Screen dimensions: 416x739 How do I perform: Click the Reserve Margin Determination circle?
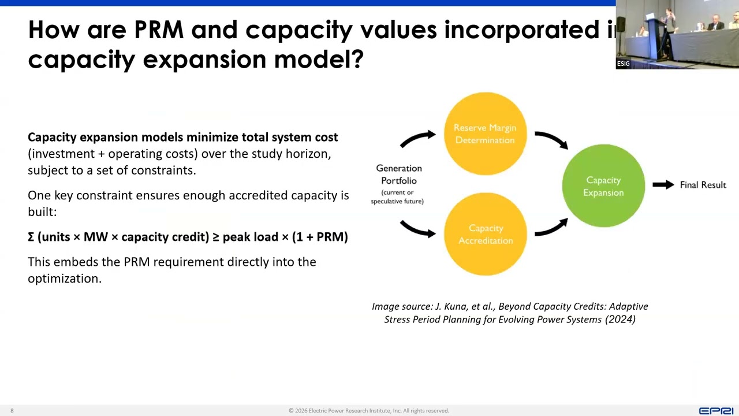(485, 133)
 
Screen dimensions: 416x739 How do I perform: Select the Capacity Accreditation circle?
(485, 234)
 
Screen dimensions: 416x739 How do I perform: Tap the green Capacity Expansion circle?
(603, 186)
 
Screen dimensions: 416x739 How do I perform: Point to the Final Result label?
(703, 185)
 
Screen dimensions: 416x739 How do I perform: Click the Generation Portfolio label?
(398, 174)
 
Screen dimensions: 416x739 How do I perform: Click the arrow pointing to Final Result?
(663, 185)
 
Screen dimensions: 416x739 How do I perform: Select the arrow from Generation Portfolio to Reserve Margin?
(418, 138)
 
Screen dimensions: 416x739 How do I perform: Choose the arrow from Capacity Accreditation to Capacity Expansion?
(551, 227)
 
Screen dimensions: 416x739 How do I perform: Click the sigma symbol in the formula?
(31, 237)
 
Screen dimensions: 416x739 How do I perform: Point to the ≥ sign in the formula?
(215, 237)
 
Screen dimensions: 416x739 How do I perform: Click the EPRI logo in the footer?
(716, 411)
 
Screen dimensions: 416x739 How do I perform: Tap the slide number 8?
(12, 411)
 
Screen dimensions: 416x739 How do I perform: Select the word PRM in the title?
(159, 30)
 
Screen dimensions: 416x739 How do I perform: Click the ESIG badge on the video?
(623, 64)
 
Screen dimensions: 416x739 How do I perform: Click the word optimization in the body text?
(64, 278)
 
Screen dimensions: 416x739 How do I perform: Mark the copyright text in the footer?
(369, 411)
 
